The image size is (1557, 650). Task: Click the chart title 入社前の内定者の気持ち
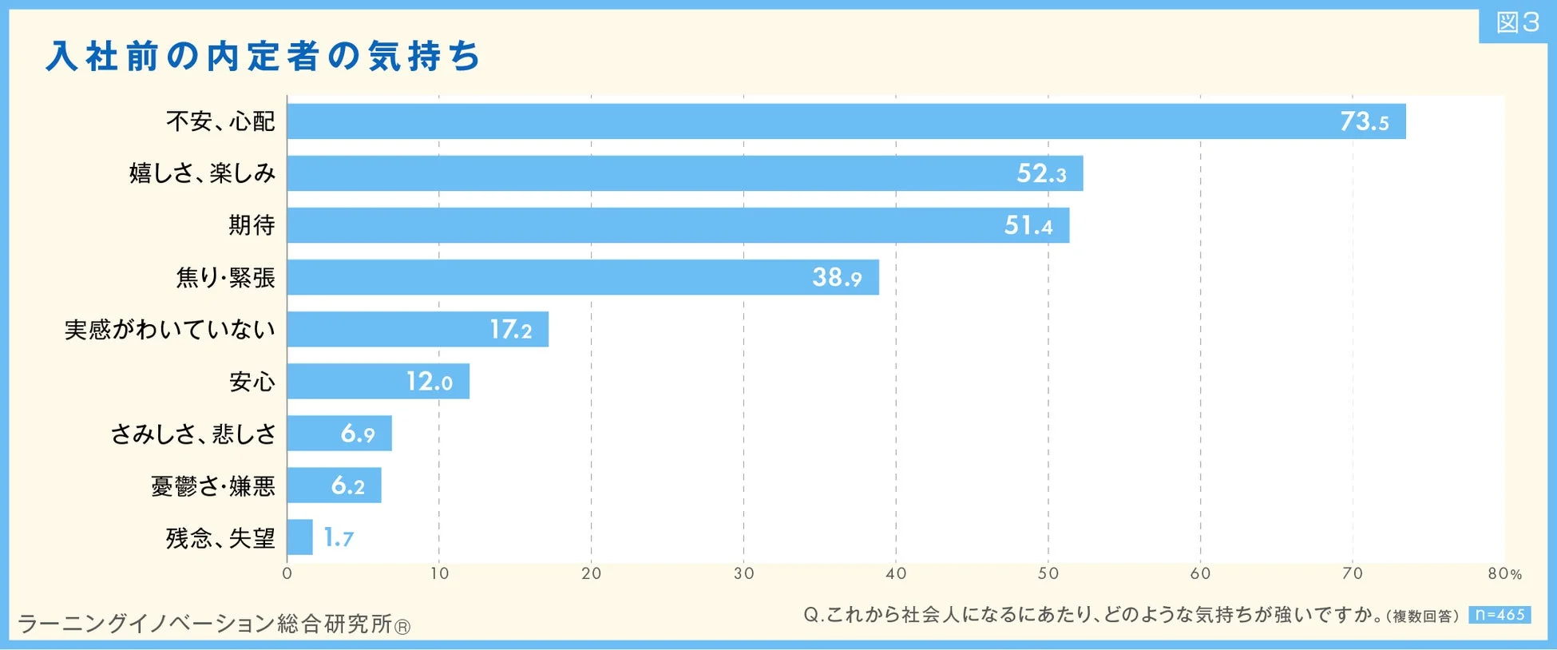[263, 57]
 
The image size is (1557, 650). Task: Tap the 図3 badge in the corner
[1517, 22]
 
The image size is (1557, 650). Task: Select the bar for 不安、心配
[798, 121]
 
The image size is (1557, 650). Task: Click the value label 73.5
[1364, 121]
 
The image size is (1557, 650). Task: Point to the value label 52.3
[1040, 173]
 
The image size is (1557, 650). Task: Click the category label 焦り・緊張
[225, 277]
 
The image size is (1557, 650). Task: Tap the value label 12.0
[429, 381]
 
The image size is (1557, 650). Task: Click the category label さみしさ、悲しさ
[193, 434]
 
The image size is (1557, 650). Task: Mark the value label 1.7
[339, 537]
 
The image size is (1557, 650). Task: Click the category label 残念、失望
[220, 537]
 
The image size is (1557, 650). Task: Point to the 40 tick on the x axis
[896, 573]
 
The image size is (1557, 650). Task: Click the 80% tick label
[1504, 573]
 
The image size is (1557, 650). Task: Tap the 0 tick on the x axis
[287, 573]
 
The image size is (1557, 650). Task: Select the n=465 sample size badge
[1500, 615]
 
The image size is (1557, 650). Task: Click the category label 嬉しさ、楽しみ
[202, 173]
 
